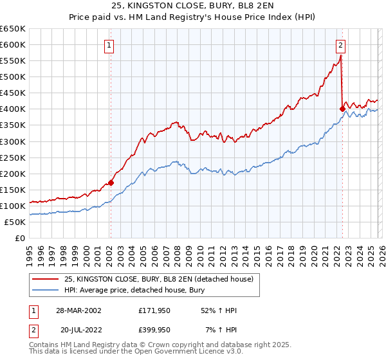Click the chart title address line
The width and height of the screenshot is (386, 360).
(193, 6)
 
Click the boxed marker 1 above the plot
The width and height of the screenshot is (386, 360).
(109, 45)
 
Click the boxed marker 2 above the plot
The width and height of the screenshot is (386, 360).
(340, 45)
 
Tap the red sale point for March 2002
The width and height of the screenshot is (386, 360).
(111, 183)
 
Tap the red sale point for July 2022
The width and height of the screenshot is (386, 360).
(342, 109)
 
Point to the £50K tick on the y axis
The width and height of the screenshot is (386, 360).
(15, 222)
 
